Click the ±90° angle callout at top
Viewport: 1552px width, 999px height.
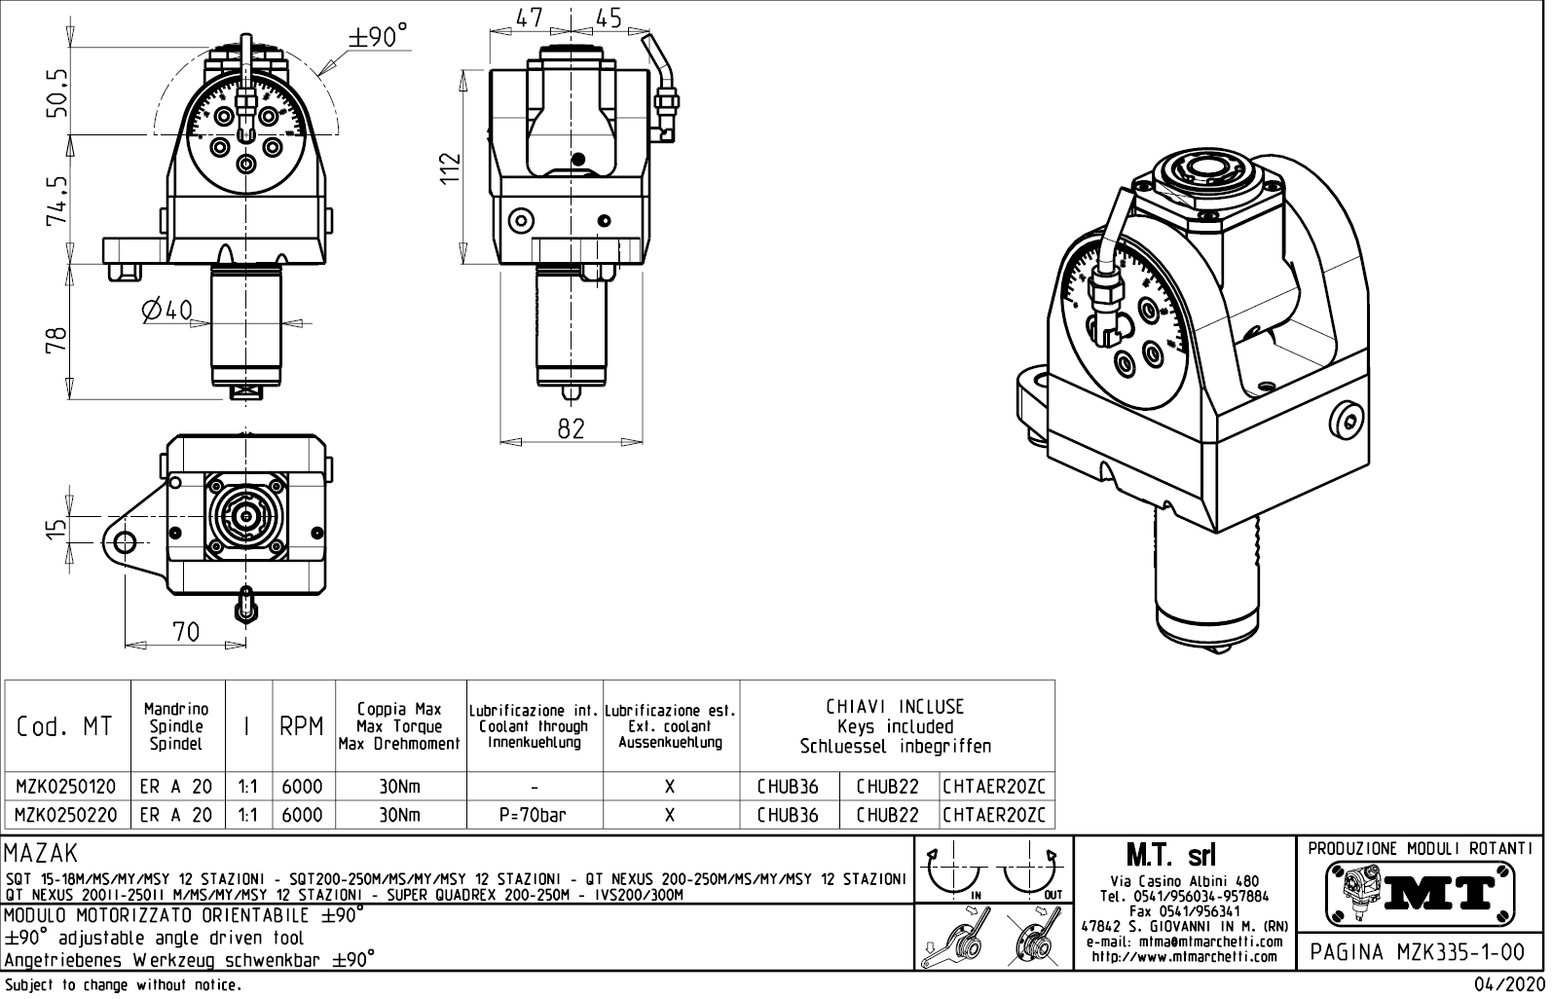377,37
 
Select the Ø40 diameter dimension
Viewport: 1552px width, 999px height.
166,311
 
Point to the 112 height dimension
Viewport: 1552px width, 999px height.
449,168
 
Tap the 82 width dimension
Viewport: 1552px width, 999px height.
571,428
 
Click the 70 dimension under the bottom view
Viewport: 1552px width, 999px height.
185,631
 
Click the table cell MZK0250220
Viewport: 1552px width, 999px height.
66,815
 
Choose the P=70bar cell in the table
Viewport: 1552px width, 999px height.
534,815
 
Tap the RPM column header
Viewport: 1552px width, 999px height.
301,727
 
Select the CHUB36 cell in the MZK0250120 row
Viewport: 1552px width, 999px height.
788,787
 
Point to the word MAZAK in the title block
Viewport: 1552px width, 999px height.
40,855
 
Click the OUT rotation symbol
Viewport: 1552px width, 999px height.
1030,872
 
